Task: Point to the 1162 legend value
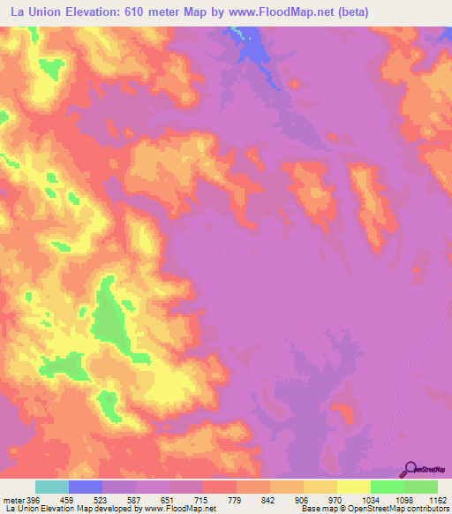[x=439, y=500]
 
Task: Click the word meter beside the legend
[x=13, y=500]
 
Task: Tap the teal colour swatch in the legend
[x=52, y=487]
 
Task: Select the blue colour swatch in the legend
[x=86, y=487]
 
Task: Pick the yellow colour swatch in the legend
[x=354, y=487]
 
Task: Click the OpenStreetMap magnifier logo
[x=411, y=469]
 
